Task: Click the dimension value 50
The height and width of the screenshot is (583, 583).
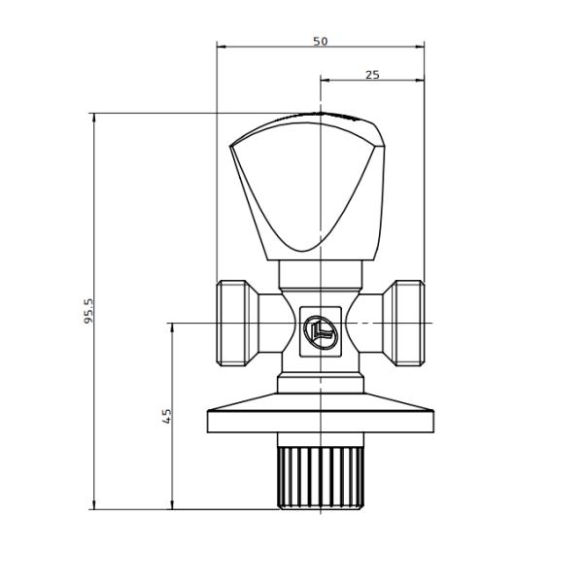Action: [320, 41]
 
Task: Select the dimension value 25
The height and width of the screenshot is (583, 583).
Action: [372, 75]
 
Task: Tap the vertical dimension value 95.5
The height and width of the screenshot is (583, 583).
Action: [88, 310]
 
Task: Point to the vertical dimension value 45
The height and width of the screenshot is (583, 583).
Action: [166, 415]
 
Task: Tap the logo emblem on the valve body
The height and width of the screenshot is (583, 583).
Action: [320, 331]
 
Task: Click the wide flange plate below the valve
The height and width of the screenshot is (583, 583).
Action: [320, 422]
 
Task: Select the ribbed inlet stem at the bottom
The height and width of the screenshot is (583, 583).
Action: [320, 476]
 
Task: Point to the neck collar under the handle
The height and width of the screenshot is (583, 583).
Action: [320, 274]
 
